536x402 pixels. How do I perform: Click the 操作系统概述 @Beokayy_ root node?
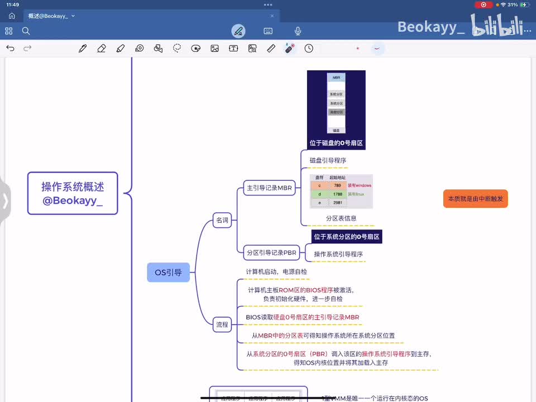73,193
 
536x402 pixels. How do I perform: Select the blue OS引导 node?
168,272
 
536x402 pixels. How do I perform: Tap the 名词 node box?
222,220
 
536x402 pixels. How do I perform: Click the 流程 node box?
222,324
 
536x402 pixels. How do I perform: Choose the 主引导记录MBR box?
269,188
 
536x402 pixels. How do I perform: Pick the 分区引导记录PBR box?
271,252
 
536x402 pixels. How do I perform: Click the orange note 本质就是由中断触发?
475,199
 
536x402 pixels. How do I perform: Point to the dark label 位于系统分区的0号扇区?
346,237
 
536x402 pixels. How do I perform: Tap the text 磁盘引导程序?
328,160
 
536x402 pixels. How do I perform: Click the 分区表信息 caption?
341,218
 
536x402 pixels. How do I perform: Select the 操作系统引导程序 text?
338,254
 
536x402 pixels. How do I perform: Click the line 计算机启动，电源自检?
276,271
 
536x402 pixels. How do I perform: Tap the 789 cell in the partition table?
337,185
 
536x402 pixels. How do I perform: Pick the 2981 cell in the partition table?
337,203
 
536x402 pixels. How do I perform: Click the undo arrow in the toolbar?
10,49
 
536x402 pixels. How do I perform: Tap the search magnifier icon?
26,31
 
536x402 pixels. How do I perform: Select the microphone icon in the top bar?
298,31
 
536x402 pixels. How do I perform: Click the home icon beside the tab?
12,16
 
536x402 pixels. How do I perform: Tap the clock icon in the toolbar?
309,49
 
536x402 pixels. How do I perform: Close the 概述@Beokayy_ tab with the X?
272,16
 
